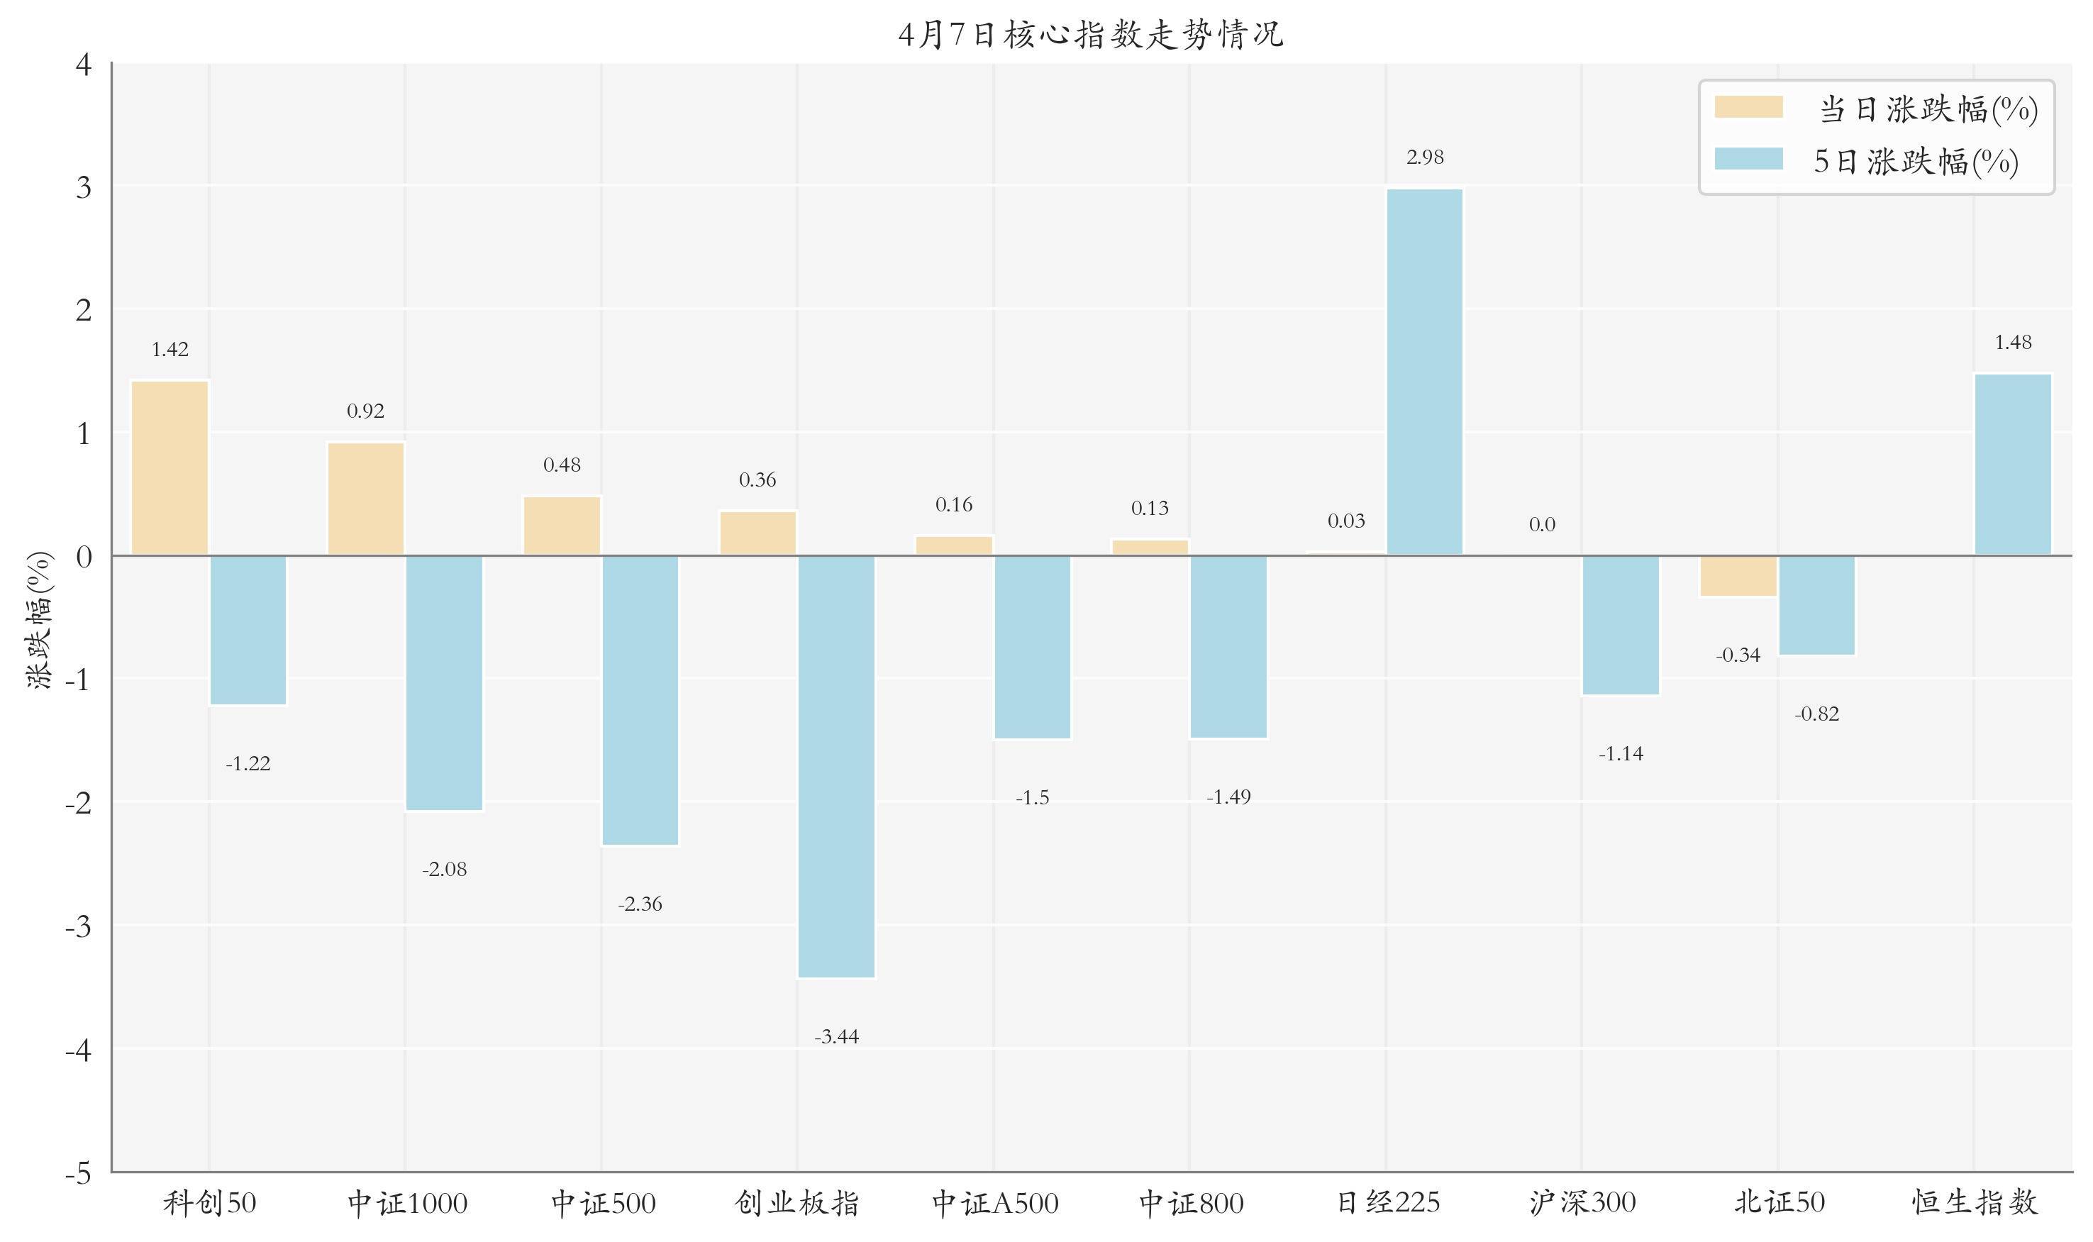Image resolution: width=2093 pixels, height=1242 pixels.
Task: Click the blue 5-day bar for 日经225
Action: (x=1424, y=372)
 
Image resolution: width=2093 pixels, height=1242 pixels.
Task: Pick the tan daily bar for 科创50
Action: (x=170, y=468)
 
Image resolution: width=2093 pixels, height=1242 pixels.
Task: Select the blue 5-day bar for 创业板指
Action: (x=836, y=766)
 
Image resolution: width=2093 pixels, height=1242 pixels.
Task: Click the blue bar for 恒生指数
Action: (x=2013, y=464)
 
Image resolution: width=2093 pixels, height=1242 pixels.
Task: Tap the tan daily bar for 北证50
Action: (x=1738, y=576)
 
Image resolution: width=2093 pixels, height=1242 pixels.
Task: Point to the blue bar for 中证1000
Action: (x=445, y=683)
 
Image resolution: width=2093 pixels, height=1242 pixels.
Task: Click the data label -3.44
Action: (x=836, y=1037)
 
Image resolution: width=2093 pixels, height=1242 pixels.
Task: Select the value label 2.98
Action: (x=1424, y=157)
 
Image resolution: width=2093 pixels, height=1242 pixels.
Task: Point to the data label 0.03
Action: (x=1345, y=521)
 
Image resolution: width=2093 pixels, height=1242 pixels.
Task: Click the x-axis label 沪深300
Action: (x=1582, y=1203)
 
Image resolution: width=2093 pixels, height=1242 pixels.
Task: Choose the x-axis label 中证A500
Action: (x=994, y=1203)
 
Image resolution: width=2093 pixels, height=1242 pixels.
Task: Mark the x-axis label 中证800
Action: (x=1190, y=1203)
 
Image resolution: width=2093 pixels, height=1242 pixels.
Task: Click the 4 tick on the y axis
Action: (x=84, y=65)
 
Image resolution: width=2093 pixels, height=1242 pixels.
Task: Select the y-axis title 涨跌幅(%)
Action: (x=40, y=619)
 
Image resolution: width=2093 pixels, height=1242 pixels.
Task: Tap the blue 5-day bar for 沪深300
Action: (x=1620, y=624)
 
